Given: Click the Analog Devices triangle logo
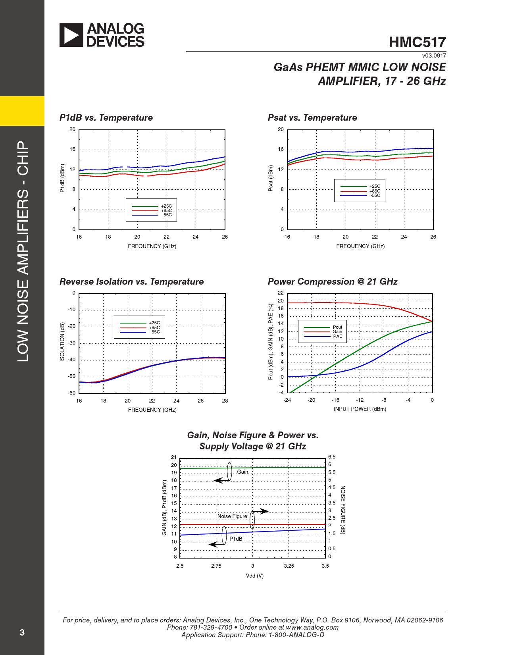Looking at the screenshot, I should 71,35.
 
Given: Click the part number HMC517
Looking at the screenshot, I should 417,42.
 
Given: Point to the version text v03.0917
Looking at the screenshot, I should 434,56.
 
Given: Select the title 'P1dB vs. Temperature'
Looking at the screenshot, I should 106,118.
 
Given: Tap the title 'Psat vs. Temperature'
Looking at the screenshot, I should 312,118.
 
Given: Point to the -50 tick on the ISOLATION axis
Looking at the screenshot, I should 71,376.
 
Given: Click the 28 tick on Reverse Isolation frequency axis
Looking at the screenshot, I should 225,401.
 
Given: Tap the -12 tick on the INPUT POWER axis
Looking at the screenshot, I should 360,400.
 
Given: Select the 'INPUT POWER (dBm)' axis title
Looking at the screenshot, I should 360,409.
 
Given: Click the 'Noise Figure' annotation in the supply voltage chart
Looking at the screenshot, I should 232,516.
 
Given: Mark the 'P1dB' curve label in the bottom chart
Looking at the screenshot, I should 236,539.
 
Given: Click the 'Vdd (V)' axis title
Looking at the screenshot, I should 254,576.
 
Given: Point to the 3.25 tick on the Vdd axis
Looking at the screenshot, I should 289,566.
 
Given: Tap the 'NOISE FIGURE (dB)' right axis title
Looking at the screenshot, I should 343,510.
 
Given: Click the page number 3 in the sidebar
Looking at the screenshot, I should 22,632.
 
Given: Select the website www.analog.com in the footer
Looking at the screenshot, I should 312,627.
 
